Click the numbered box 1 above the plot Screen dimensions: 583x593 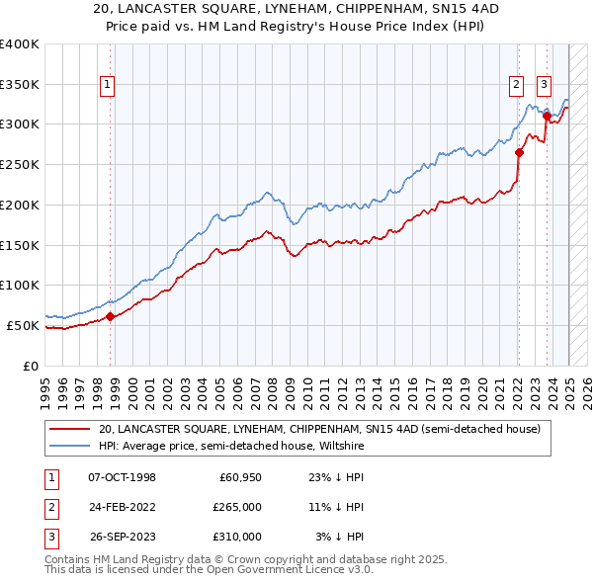tap(107, 86)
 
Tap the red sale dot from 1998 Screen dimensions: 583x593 tap(111, 316)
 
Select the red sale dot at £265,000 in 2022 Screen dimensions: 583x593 tap(519, 152)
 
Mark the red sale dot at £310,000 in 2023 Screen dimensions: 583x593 tap(547, 117)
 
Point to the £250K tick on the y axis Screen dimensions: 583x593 tap(20, 164)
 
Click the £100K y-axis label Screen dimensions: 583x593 tap(20, 285)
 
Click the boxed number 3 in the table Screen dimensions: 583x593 tap(49, 537)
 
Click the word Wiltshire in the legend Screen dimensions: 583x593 tap(339, 447)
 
